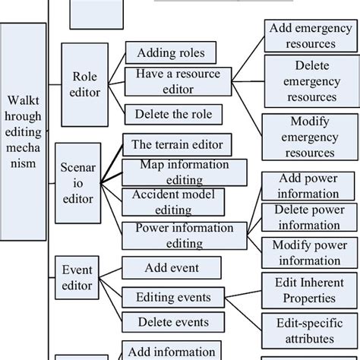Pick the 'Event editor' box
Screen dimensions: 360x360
[x=77, y=277]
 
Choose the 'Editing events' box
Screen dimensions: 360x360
[x=173, y=297]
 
